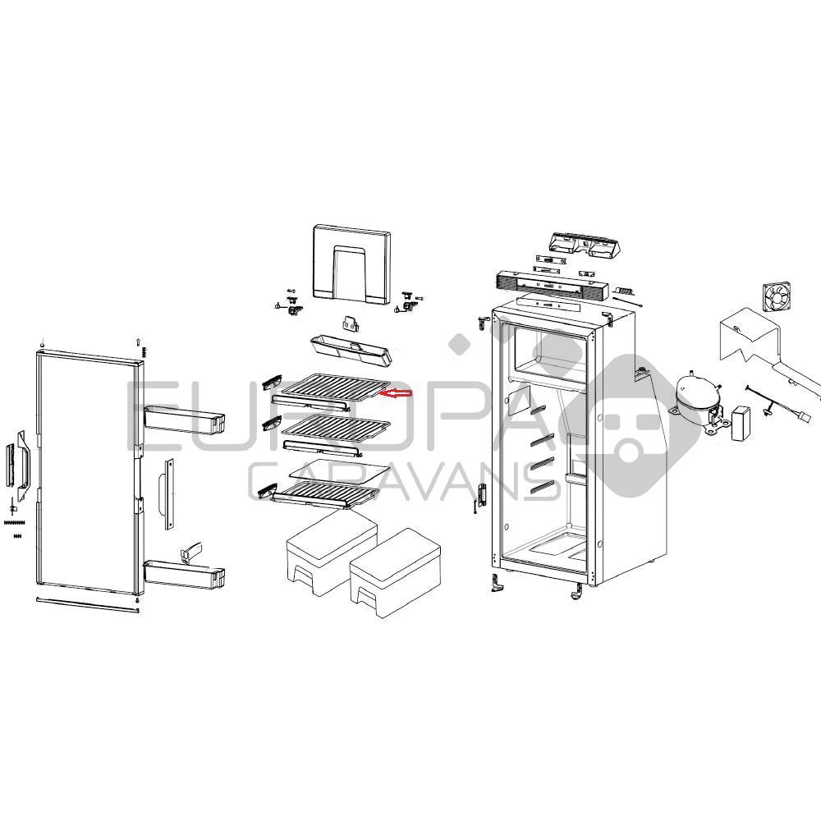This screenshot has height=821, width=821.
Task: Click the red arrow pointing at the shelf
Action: tap(396, 393)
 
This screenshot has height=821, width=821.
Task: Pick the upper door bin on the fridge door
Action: tap(183, 419)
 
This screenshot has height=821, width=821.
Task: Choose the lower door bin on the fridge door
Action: tap(183, 573)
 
